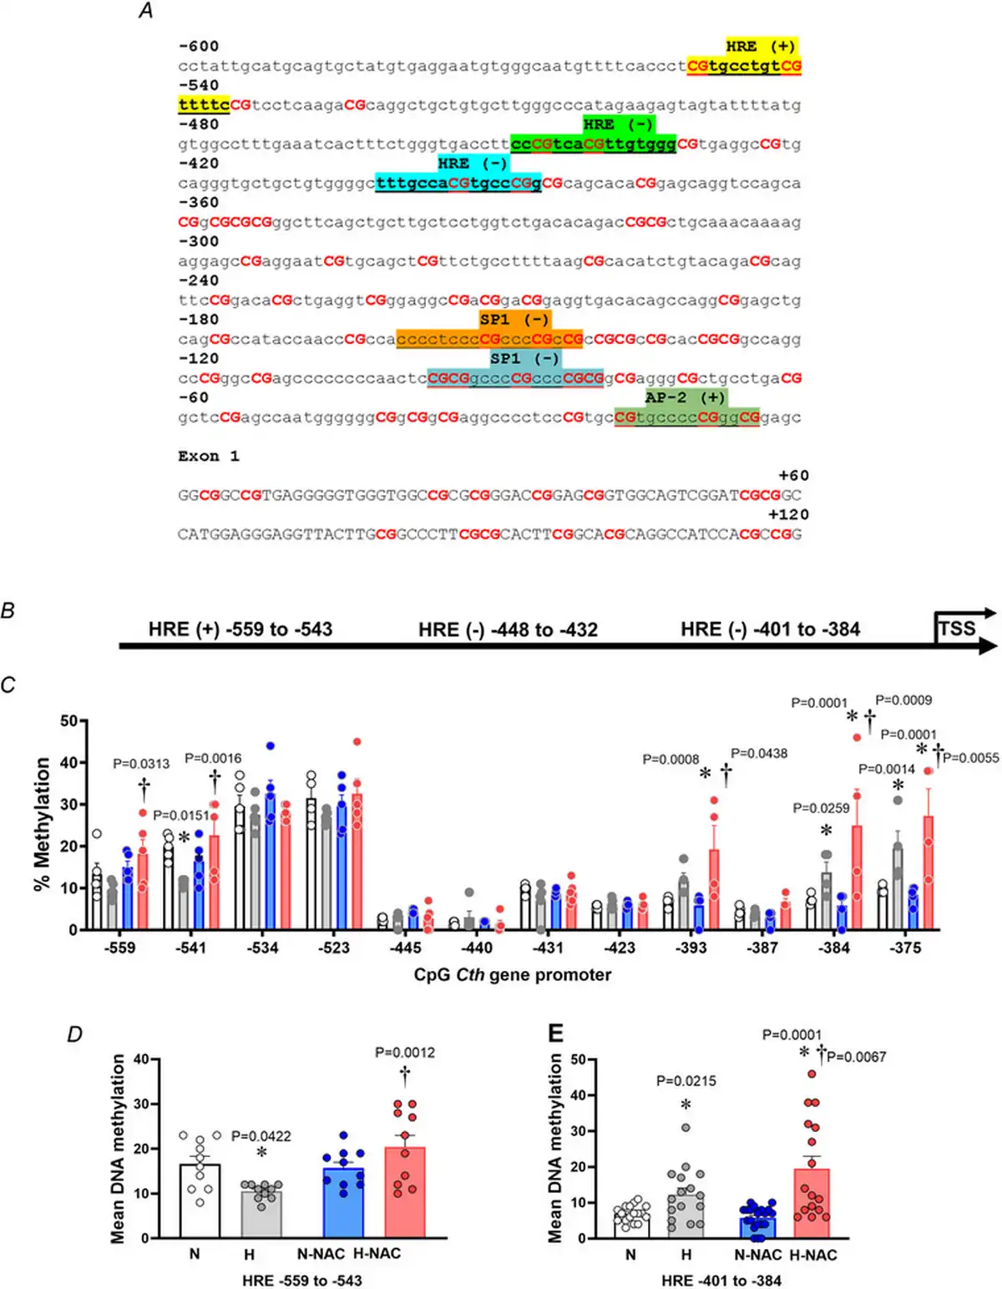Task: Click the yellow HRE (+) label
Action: point(761,47)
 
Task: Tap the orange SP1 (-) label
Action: point(514,320)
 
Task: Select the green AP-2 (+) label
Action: point(686,397)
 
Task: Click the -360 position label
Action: point(199,203)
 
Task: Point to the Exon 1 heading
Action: point(209,456)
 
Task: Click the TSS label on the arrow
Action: point(957,629)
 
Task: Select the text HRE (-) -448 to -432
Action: point(508,629)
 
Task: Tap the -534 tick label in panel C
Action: point(262,948)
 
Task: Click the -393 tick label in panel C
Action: point(691,948)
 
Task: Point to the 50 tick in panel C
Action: point(68,720)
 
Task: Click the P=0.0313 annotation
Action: point(141,764)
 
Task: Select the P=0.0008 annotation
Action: point(671,760)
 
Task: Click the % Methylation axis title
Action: point(43,824)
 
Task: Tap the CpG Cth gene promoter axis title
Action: point(513,975)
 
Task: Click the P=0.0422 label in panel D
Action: point(261,1136)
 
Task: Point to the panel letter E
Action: point(555,1034)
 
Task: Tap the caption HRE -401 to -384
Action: point(721,1281)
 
